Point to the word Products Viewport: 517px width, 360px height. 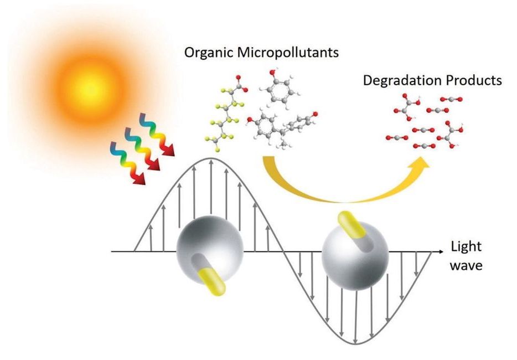475,80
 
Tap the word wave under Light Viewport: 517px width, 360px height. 466,265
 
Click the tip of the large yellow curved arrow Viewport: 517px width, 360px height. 428,162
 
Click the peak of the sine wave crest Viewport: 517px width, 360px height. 211,158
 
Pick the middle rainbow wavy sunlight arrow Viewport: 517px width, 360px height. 148,147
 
